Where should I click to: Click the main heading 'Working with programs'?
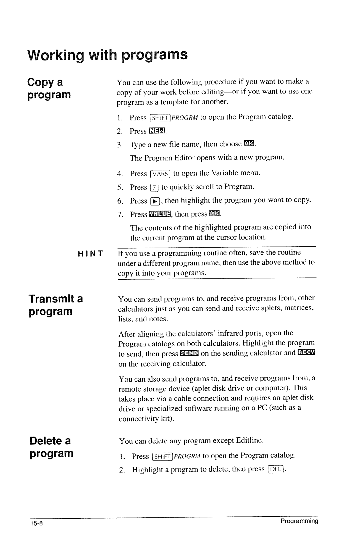[x=107, y=55]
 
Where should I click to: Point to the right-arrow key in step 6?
[x=155, y=201]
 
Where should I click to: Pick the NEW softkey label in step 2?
[x=157, y=131]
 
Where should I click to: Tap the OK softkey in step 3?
[x=249, y=144]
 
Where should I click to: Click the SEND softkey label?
[x=189, y=353]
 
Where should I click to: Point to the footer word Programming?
[x=299, y=521]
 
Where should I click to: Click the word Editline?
[x=249, y=440]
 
